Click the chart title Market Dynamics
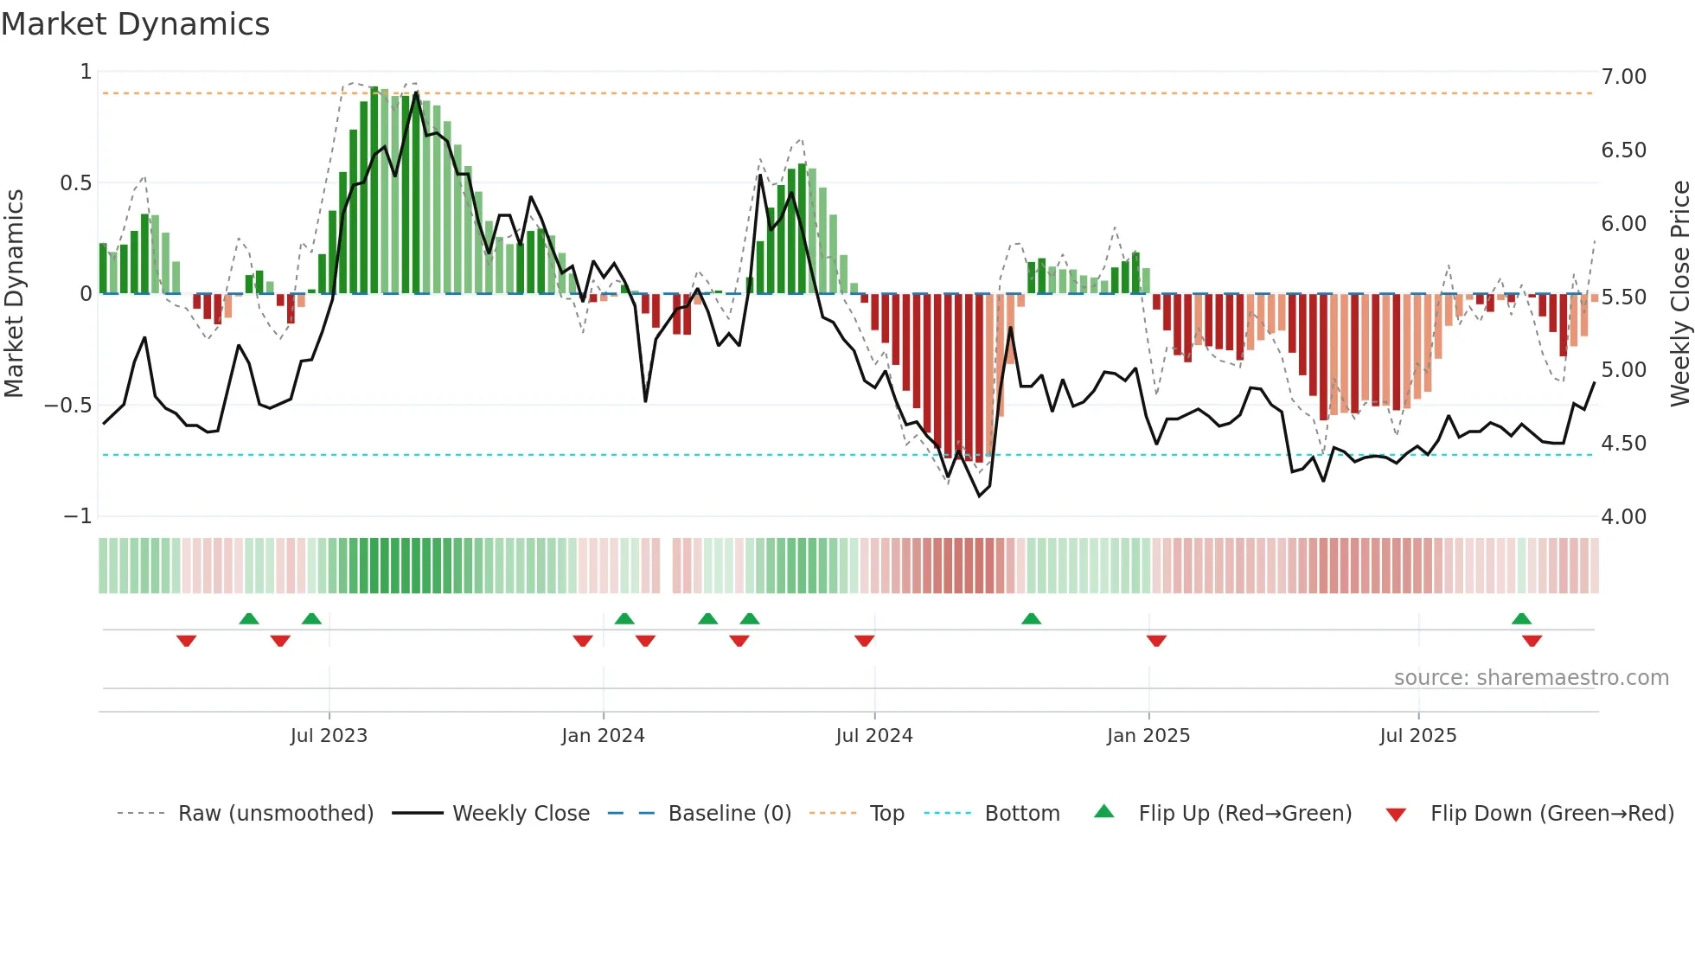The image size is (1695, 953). click(x=135, y=24)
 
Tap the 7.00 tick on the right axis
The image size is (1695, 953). click(x=1623, y=77)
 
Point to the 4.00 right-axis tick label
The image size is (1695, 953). click(x=1623, y=517)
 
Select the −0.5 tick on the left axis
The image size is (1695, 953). click(x=67, y=406)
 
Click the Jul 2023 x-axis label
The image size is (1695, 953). click(x=329, y=736)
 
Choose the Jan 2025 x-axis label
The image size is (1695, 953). click(x=1148, y=736)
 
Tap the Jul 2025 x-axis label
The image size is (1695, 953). click(x=1417, y=736)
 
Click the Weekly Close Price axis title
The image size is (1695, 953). click(x=1679, y=293)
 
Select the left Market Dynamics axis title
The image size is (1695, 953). click(x=14, y=293)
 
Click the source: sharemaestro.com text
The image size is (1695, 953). click(x=1531, y=678)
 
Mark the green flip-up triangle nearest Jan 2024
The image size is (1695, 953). click(x=624, y=618)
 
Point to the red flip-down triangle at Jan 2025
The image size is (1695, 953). click(x=1156, y=641)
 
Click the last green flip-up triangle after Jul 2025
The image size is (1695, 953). click(x=1521, y=618)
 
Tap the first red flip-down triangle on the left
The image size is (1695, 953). click(x=186, y=641)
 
